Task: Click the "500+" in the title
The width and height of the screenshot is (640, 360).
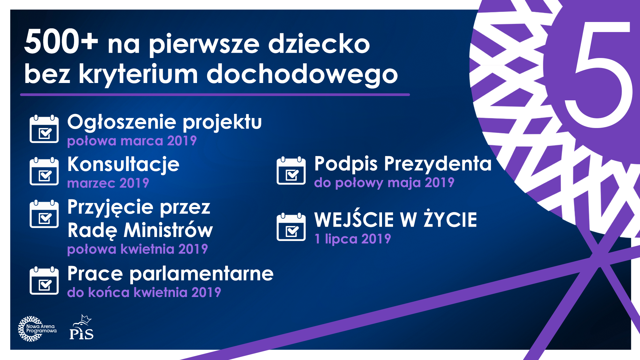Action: pyautogui.click(x=61, y=42)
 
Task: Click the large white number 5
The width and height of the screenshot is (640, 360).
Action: pyautogui.click(x=598, y=75)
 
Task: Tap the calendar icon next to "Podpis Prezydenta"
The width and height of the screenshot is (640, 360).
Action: pyautogui.click(x=291, y=170)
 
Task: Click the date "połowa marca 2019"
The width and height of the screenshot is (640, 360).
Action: pyautogui.click(x=132, y=141)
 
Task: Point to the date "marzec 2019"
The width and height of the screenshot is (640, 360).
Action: pyautogui.click(x=108, y=183)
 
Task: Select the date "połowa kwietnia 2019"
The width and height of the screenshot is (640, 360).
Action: pyautogui.click(x=137, y=249)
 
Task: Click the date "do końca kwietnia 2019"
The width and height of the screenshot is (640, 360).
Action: pyautogui.click(x=144, y=292)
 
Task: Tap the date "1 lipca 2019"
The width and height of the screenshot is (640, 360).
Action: pyautogui.click(x=353, y=239)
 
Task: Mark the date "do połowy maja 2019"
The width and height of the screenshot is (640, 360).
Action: pyautogui.click(x=384, y=183)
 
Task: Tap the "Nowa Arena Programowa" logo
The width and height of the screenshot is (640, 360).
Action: pyautogui.click(x=37, y=329)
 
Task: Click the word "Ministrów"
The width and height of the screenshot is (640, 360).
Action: pyautogui.click(x=168, y=230)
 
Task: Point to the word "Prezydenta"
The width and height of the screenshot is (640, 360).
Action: pyautogui.click(x=438, y=164)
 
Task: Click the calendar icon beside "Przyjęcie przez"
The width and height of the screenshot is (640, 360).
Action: pyautogui.click(x=44, y=214)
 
